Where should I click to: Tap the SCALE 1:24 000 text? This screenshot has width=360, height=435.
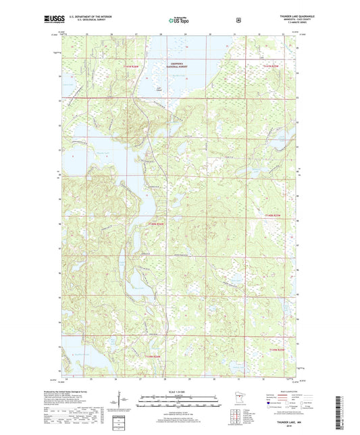point(179,391)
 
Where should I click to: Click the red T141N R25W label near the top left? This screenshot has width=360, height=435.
point(135,66)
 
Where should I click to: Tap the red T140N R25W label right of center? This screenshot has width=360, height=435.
point(274,215)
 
